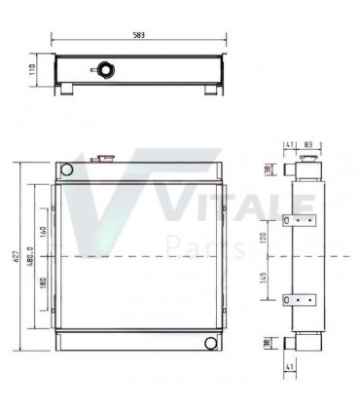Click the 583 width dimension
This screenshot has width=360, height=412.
coord(139,35)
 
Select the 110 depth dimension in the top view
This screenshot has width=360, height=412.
coord(32,69)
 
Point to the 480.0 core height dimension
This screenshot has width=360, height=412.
coord(30,256)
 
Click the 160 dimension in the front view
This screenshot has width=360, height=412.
coord(44,232)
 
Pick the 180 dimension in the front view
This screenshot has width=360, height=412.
coord(44,283)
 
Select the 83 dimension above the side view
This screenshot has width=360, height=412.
coord(308,144)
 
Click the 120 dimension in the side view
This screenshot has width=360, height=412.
coord(263,238)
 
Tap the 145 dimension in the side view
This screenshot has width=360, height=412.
coord(263,278)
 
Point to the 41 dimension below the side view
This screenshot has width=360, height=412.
coord(290,367)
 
